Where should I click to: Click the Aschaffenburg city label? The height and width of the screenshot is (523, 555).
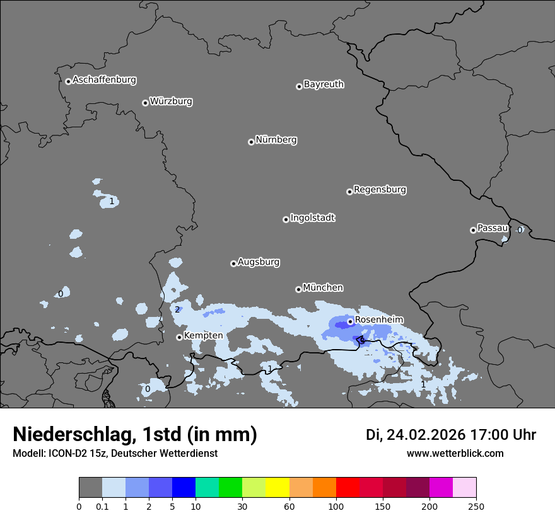104,80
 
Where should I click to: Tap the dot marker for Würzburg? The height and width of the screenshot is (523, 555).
145,103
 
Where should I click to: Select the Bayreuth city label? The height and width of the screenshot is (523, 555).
324,84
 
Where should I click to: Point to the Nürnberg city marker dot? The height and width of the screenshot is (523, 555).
251,142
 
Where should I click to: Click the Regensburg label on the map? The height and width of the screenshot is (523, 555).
380,190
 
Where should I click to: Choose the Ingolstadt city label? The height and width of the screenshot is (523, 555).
312,218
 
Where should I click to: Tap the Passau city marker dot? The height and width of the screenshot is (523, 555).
473,230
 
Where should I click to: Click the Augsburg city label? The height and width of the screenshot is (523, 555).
259,262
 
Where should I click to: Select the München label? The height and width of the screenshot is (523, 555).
323,288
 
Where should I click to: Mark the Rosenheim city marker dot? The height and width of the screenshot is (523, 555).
350,321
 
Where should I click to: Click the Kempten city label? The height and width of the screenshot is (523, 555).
203,336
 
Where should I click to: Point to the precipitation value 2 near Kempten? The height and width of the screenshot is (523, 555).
177,309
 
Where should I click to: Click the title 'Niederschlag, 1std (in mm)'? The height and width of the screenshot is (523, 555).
135,435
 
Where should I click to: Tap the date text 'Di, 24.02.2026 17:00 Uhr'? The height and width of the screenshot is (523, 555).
451,435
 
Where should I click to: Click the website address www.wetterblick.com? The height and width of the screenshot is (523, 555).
455,454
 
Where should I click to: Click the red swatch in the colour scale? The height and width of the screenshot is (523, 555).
347,488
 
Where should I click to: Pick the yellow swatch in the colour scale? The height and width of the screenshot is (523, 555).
277,488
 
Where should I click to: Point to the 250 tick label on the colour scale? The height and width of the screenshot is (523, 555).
476,506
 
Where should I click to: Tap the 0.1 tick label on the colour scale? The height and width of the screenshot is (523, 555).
102,506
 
